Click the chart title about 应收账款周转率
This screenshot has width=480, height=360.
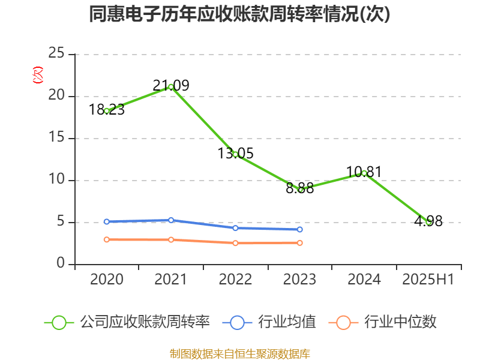239,14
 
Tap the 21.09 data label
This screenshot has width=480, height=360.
171,86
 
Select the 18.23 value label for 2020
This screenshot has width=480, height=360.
107,109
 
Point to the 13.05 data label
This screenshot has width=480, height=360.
235,154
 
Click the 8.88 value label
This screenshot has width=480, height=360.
300,188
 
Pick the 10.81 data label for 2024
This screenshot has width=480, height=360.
364,172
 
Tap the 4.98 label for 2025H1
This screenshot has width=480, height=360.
428,221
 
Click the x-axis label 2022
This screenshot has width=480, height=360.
235,280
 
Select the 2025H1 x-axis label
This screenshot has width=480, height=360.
428,280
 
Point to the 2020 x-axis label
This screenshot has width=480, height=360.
107,280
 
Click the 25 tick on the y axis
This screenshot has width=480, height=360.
56,54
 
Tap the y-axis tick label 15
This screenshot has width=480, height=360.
56,138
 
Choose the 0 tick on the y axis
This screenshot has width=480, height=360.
61,264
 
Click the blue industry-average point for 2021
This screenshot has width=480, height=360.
171,220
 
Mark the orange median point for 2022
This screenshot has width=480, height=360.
235,243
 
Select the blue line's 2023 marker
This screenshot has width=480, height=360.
300,229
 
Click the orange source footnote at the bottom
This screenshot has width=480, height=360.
239,353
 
